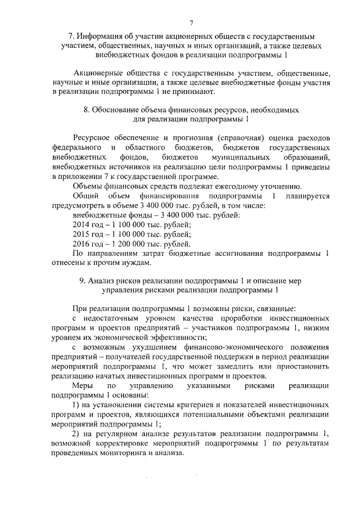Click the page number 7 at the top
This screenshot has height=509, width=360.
[x=191, y=22]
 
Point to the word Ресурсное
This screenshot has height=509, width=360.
[x=92, y=138]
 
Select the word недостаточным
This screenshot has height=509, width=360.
[x=109, y=318]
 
